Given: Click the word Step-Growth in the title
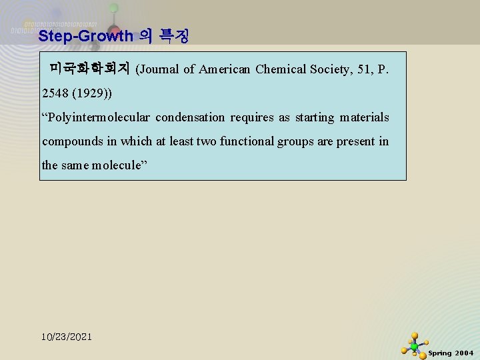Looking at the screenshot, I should coord(86,36).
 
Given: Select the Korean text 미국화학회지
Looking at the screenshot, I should coord(89,69).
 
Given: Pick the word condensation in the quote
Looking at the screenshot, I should coord(190,118).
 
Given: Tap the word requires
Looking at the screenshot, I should coord(252,118).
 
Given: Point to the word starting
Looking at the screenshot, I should coord(314,118).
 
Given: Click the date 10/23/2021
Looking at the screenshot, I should coord(67,337).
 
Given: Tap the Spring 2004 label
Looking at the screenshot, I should coord(451,353).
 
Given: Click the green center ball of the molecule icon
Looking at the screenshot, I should coord(414,347).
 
